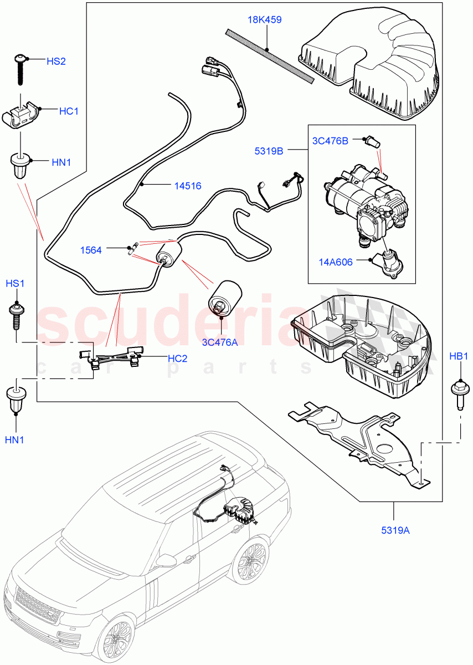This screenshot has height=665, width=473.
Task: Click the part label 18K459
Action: click(264, 19)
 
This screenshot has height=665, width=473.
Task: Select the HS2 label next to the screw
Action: click(56, 61)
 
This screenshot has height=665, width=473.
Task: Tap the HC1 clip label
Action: click(69, 111)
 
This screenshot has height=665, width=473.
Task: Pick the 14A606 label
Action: click(335, 262)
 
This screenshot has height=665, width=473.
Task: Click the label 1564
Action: click(91, 250)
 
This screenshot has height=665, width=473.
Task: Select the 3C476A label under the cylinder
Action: click(220, 342)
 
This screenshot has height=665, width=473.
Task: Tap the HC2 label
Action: click(177, 359)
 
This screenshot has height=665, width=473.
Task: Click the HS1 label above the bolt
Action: click(16, 284)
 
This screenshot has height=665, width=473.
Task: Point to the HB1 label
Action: click(459, 356)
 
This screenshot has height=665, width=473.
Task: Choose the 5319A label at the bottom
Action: click(395, 530)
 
